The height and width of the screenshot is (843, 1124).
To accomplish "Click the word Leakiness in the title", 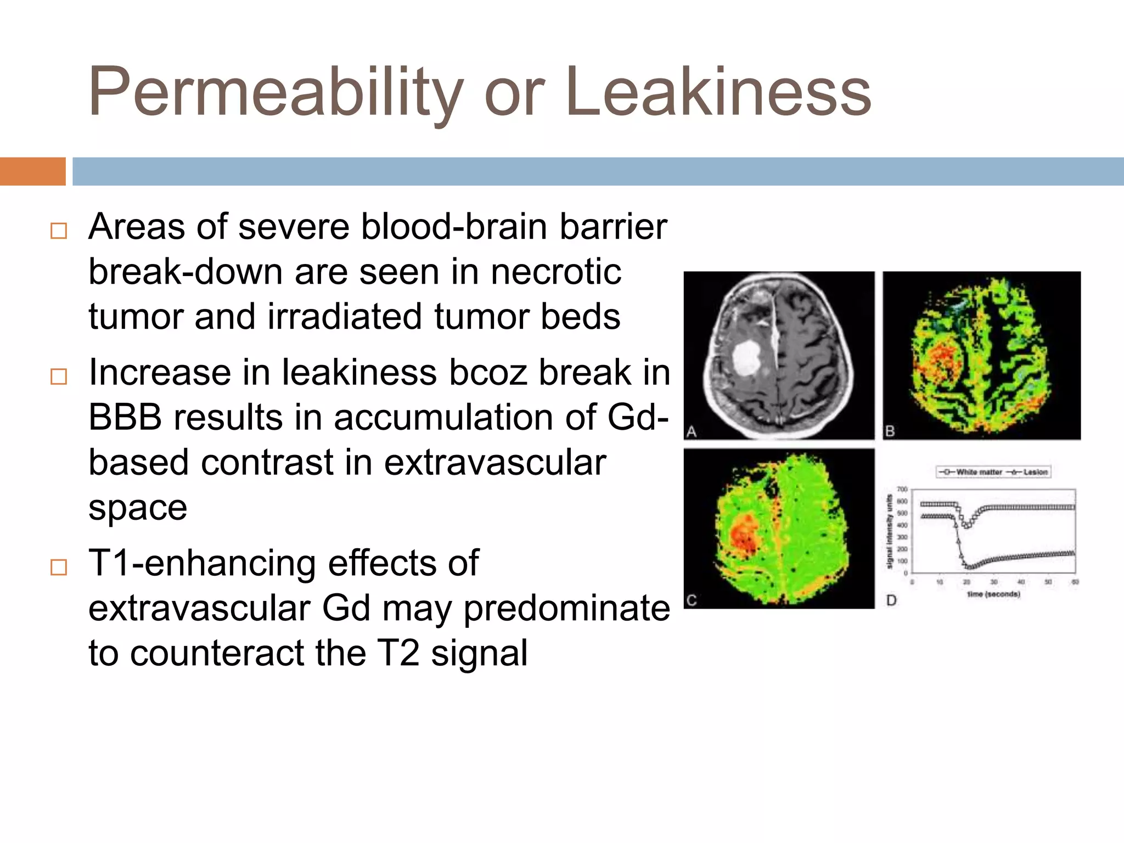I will pyautogui.click(x=719, y=92).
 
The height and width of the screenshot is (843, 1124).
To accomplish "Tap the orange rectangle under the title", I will pyautogui.click(x=32, y=171).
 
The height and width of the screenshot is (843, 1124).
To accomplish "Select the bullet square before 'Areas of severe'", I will pyautogui.click(x=58, y=231).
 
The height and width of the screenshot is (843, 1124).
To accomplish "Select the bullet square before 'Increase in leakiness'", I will pyautogui.click(x=58, y=376).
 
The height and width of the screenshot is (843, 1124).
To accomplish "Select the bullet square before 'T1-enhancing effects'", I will pyautogui.click(x=58, y=567).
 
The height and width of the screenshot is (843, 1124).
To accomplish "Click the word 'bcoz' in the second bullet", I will pyautogui.click(x=488, y=372).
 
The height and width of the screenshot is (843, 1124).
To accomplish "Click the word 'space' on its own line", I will pyautogui.click(x=138, y=508).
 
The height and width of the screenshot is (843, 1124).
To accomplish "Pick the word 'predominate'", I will pyautogui.click(x=566, y=608).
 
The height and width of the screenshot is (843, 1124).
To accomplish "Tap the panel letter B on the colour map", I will pyautogui.click(x=890, y=431).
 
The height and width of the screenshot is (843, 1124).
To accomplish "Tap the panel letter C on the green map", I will pyautogui.click(x=692, y=600).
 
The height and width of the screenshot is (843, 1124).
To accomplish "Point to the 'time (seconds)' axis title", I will pyautogui.click(x=993, y=594).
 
